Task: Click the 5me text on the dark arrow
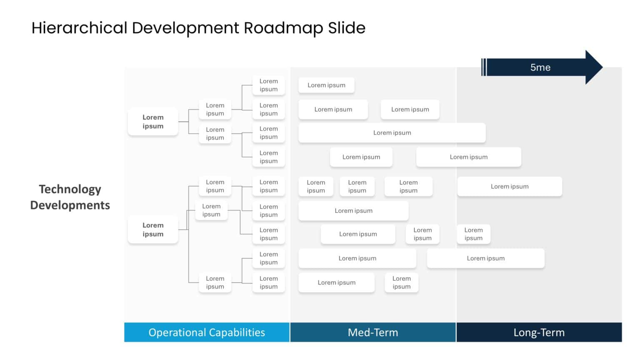pyautogui.click(x=540, y=67)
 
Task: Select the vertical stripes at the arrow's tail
pyautogui.click(x=484, y=67)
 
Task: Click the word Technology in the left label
pyautogui.click(x=70, y=189)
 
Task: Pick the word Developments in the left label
pyautogui.click(x=70, y=205)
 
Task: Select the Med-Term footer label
pyautogui.click(x=373, y=332)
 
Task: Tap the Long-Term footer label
pyautogui.click(x=539, y=332)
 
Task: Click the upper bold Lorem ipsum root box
pyautogui.click(x=153, y=122)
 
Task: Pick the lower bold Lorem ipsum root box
pyautogui.click(x=153, y=230)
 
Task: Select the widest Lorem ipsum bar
pyautogui.click(x=392, y=133)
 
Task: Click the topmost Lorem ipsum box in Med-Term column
pyautogui.click(x=326, y=85)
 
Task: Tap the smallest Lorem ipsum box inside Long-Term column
pyautogui.click(x=473, y=234)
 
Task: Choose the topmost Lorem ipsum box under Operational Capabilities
pyautogui.click(x=269, y=85)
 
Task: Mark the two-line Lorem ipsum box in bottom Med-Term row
pyautogui.click(x=401, y=282)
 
